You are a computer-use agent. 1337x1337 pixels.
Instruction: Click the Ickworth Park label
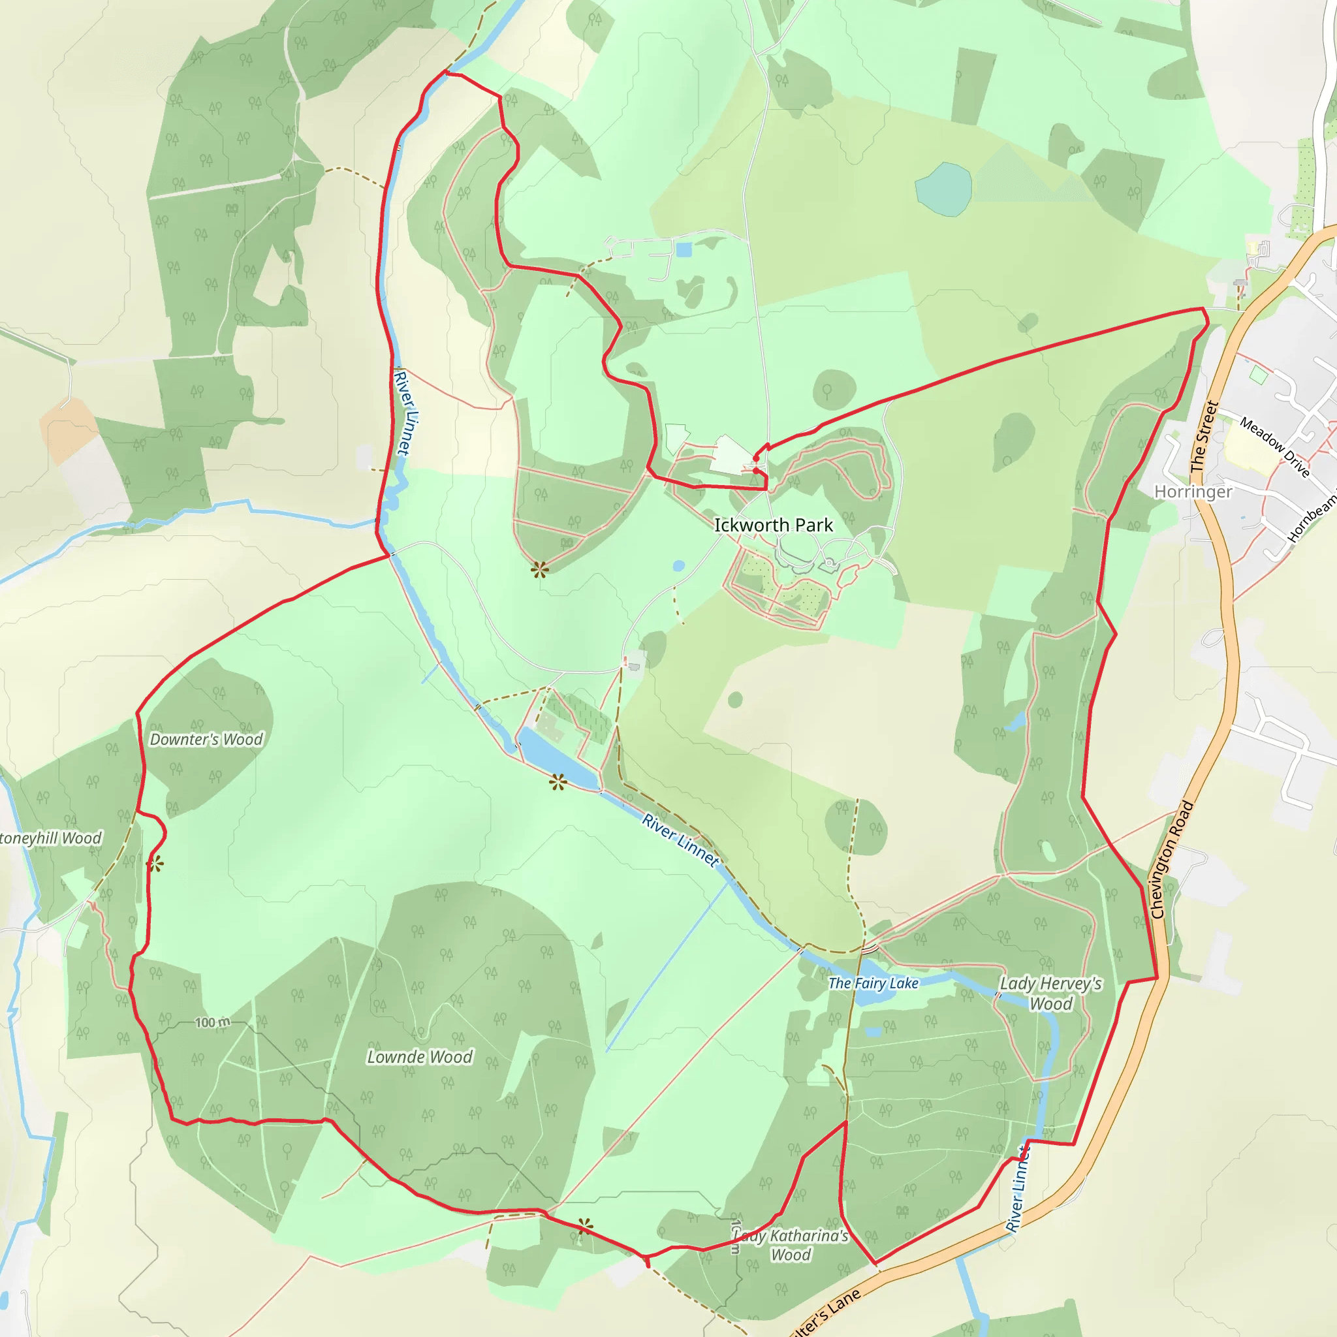coord(773,526)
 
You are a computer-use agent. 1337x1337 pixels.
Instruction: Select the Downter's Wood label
coord(206,740)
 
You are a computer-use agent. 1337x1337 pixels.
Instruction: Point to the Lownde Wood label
coord(419,1057)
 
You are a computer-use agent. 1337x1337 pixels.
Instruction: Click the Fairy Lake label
coord(873,983)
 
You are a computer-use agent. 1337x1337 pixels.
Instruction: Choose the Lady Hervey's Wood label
coord(1050,994)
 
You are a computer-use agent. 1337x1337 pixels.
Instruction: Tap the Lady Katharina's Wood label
coord(791,1245)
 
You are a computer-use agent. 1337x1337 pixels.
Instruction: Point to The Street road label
coord(1203,437)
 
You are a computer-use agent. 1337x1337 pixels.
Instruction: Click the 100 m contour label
coord(212,1023)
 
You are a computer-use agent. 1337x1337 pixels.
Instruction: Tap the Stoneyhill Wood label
coord(50,839)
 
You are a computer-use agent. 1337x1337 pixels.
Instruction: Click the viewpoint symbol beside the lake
coord(558,783)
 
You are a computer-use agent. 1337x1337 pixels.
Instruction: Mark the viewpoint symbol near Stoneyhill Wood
coord(155,864)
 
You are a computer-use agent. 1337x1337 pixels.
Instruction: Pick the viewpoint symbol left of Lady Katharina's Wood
coord(586,1228)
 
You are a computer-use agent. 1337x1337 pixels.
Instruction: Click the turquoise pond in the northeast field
coord(943,188)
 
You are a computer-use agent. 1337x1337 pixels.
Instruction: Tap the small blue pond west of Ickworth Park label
coord(678,565)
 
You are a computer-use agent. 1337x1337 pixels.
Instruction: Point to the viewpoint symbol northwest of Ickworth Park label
coord(540,570)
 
